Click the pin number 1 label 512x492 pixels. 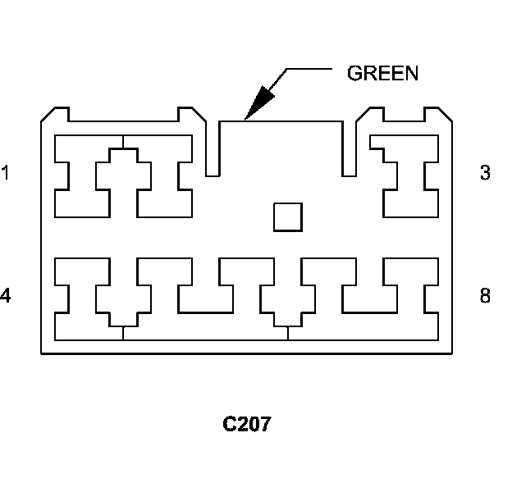click(6, 173)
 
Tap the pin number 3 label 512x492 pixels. click(486, 173)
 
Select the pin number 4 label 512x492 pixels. click(6, 295)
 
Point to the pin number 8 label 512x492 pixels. click(486, 295)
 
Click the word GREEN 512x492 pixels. click(383, 73)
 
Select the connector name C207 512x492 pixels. click(247, 425)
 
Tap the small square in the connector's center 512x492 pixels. click(287, 217)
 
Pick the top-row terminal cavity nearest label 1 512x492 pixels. click(81, 176)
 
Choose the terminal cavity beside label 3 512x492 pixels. click(411, 176)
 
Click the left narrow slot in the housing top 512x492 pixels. click(213, 148)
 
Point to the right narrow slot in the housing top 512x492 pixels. click(350, 148)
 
